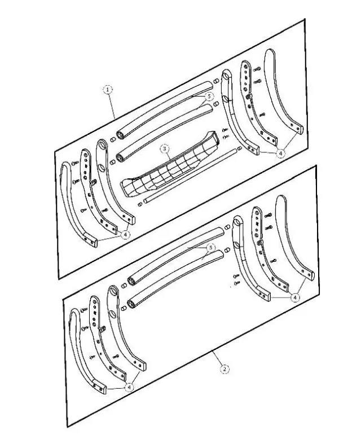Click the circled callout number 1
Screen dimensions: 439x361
108,90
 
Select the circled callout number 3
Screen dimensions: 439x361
165,148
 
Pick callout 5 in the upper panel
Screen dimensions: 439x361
209,96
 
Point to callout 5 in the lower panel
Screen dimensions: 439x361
210,248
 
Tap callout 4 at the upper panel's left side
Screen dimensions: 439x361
125,234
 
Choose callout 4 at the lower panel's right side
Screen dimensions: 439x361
295,297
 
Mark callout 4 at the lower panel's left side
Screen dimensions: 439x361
129,388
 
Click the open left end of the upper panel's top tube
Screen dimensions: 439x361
120,136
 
